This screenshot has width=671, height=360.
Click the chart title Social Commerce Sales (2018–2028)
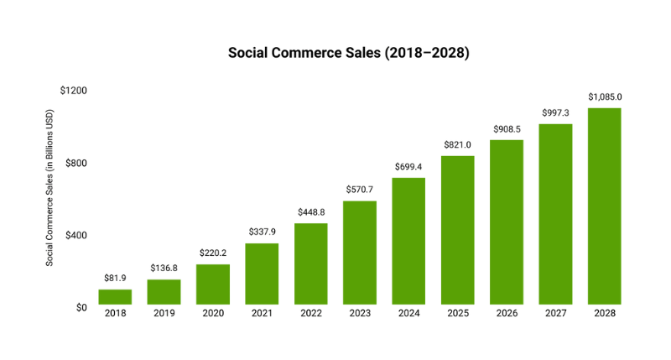click(349, 53)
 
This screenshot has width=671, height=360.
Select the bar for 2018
click(115, 296)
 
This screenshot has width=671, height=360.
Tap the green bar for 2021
click(262, 274)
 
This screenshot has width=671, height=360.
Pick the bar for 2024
click(408, 241)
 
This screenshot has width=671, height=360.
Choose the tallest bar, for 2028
click(604, 206)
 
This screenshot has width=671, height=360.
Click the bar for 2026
click(507, 222)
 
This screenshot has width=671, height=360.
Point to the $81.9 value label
click(115, 278)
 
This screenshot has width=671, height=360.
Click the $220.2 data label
click(213, 253)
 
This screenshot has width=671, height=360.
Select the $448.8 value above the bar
click(310, 211)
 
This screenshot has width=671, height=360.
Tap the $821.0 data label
click(457, 144)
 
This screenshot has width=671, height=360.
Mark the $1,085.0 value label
click(604, 97)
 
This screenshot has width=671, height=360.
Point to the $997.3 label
click(555, 112)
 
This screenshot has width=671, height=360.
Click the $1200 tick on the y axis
click(74, 91)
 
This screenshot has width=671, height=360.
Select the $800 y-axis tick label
click(76, 163)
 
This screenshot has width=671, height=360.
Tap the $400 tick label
click(76, 235)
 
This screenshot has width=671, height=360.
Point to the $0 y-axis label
click(81, 308)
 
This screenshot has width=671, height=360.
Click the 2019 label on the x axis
click(164, 314)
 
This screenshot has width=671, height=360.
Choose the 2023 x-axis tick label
click(360, 314)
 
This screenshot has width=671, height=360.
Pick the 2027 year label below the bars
click(555, 314)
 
